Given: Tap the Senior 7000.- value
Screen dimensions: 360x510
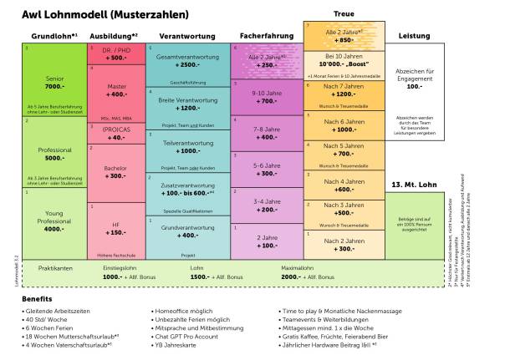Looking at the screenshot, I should [54, 86].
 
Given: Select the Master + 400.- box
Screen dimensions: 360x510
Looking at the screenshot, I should [116, 90].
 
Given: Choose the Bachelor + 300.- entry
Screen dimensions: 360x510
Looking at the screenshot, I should [116, 172].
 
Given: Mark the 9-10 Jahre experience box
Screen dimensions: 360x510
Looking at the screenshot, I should [265, 96].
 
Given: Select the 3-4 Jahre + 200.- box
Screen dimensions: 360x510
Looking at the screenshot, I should [265, 205].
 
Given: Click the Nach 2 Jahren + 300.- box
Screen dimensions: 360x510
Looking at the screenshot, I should [344, 244].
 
